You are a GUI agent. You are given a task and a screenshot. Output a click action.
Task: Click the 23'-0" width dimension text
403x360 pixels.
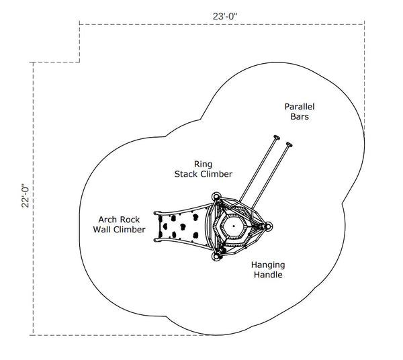point(222,15)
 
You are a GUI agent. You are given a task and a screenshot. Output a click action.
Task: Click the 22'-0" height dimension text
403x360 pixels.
point(26,196)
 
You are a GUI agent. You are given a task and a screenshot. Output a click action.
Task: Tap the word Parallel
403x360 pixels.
point(300,106)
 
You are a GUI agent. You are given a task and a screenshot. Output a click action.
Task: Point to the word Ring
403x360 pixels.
point(203,163)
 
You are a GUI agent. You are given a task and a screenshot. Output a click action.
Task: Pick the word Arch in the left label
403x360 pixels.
point(110,219)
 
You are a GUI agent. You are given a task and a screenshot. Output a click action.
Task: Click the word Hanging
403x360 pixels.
point(267,265)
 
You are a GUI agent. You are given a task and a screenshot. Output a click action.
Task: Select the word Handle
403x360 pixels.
point(267,275)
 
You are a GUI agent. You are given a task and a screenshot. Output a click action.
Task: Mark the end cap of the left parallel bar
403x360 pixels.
point(275,139)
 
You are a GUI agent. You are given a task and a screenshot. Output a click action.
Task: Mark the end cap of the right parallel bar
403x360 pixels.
point(289,143)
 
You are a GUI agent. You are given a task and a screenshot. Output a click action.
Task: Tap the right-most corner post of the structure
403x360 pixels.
point(269,227)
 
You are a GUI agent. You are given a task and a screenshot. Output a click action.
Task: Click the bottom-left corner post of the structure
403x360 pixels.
point(217,255)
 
